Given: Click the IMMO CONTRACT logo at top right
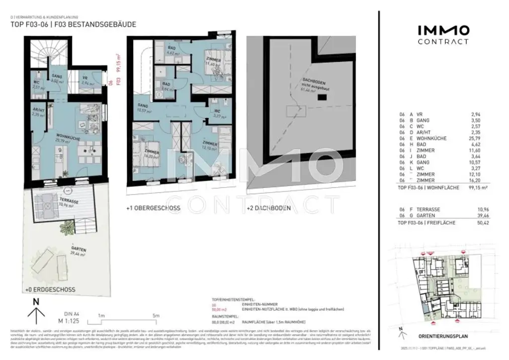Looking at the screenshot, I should [442, 35].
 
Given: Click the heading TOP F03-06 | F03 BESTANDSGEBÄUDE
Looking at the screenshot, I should [73, 24].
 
